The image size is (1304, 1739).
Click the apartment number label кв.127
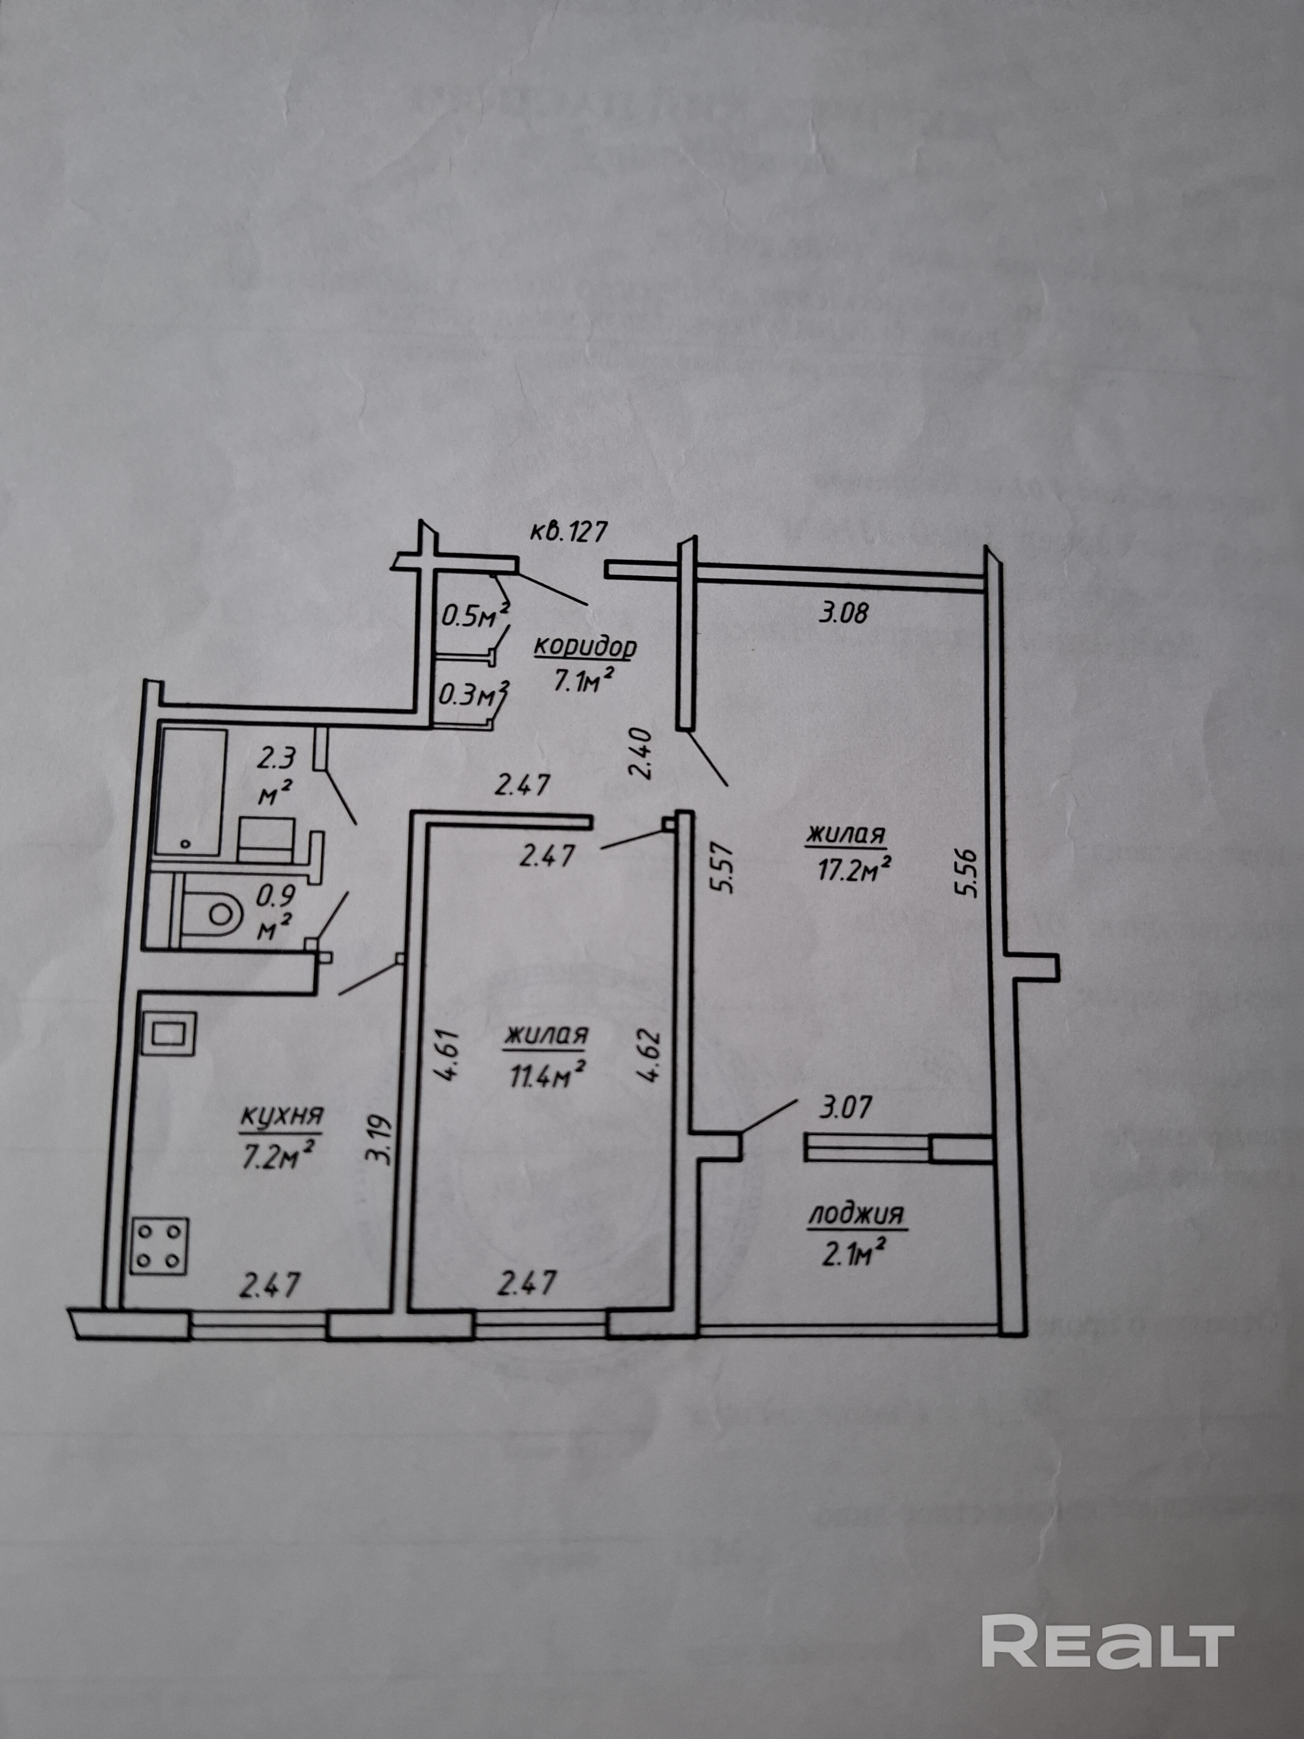tap(568, 532)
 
